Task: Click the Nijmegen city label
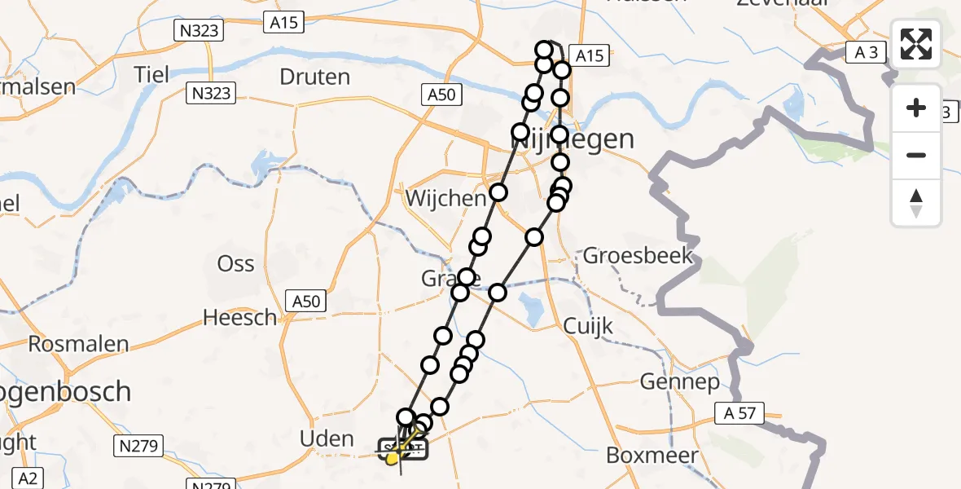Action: pos(572,139)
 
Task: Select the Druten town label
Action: pos(314,77)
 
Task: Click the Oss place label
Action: pos(235,264)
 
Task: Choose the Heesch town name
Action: pos(239,318)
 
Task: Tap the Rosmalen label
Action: pos(79,343)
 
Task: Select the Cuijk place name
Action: pos(587,326)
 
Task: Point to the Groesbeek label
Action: pos(638,256)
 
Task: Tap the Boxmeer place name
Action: pos(652,455)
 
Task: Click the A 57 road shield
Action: pos(739,413)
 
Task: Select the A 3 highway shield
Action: pos(867,53)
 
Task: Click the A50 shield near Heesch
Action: pos(306,302)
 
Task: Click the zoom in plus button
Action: pos(916,108)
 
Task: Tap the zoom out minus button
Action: pos(916,155)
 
